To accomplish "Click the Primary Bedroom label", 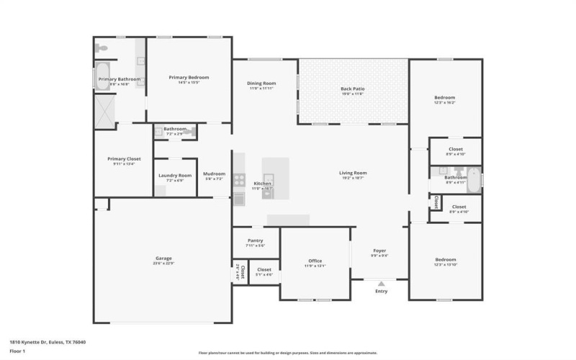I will pos(189,77).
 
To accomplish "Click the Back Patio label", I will pos(352,89).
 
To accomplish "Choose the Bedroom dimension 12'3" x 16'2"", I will pos(444,103).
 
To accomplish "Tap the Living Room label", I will pos(353,172).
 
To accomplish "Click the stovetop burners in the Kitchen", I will pos(240,180).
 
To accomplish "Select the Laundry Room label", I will pos(175,175).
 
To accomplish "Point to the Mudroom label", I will pos(214,174).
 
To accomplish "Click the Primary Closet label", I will pos(124,158).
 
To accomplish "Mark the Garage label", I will pos(163,258).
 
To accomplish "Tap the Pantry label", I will pos(255,240).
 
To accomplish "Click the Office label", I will pos(315,261).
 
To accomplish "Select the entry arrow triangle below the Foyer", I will pos(381,284).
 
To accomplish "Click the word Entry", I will pos(381,292).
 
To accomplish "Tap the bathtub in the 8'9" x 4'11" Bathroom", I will pos(474,177).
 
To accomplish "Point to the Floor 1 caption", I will pos(17,351).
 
